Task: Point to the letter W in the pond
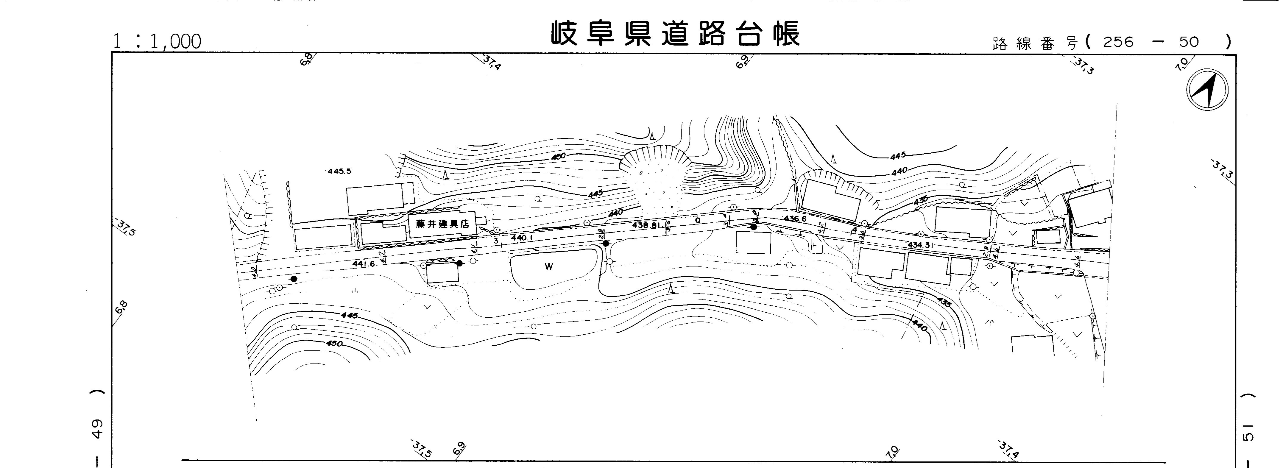pos(548,267)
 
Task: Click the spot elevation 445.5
pos(339,171)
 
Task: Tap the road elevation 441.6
pos(363,264)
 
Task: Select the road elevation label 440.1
pos(522,238)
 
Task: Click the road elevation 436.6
pos(795,219)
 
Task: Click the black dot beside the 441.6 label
pos(459,263)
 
